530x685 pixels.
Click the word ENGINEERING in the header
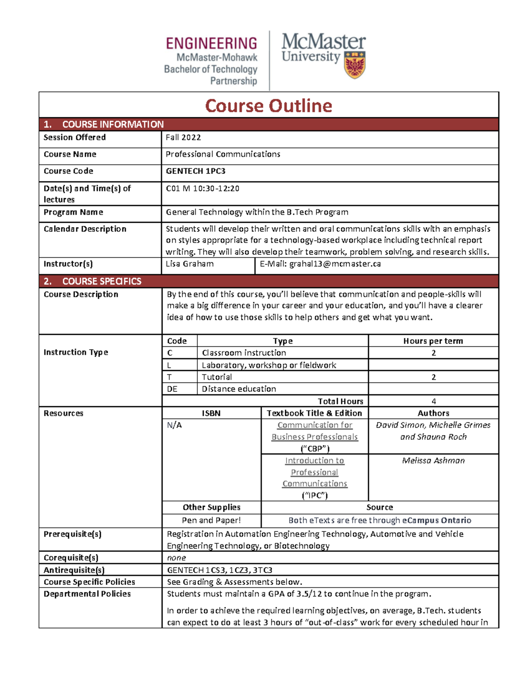click(212, 43)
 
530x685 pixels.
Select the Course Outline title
click(269, 106)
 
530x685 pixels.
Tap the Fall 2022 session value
click(183, 138)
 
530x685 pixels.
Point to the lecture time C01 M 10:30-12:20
click(203, 189)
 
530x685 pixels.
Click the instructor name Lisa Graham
click(189, 264)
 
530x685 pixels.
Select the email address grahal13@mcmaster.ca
click(335, 264)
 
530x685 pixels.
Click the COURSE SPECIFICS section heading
click(102, 281)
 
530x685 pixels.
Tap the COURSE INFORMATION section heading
click(113, 124)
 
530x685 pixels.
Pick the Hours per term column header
click(433, 341)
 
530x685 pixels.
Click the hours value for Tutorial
click(433, 377)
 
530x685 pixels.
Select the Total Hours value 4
click(433, 401)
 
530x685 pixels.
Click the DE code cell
click(172, 389)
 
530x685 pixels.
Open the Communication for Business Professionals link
click(314, 431)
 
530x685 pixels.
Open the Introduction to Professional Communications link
click(314, 472)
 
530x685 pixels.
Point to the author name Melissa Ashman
click(433, 460)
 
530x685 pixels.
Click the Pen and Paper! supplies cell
click(212, 520)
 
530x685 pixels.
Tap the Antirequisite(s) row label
click(74, 570)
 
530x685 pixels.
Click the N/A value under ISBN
click(174, 425)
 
